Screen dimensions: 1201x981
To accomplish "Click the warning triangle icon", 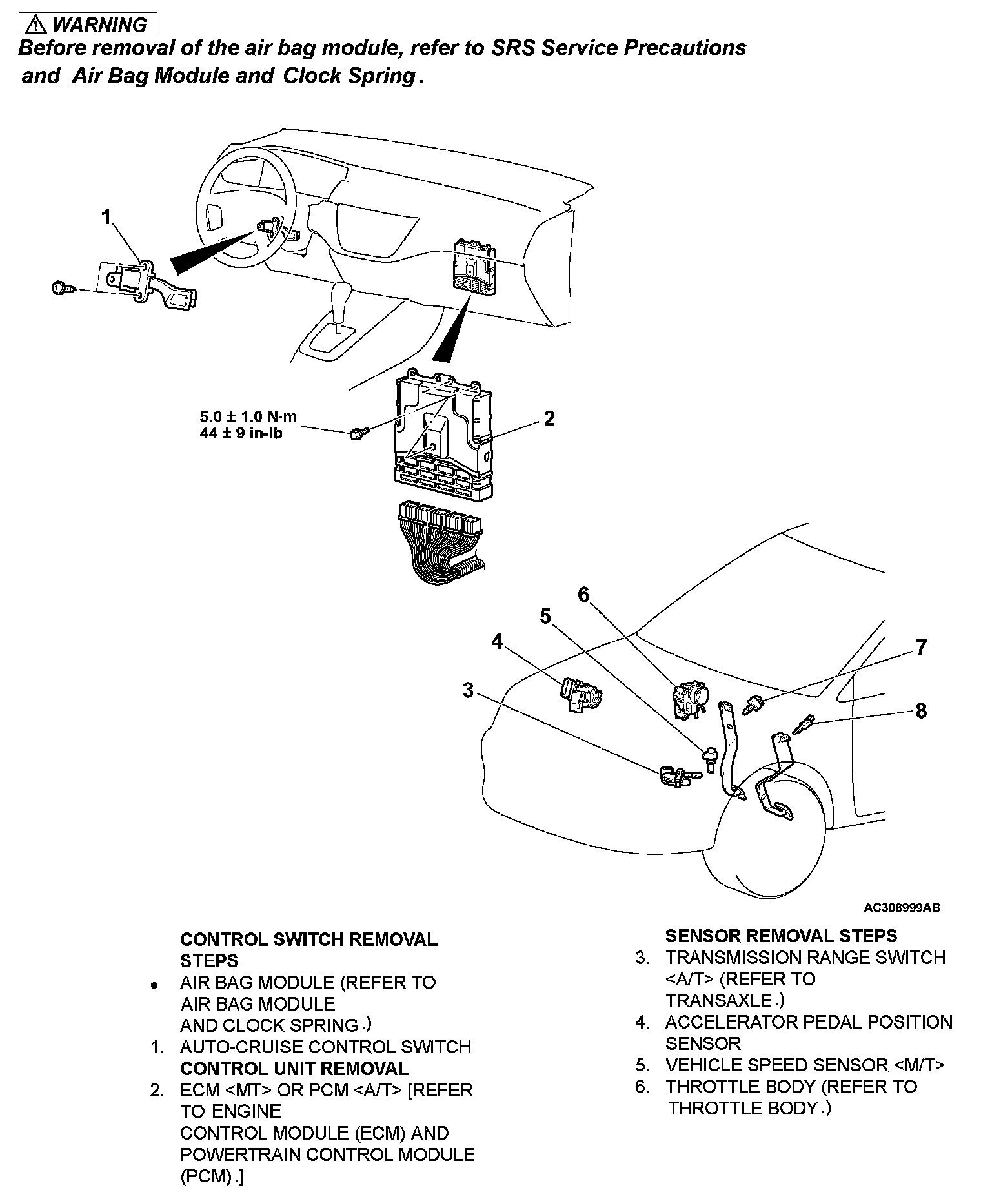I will pyautogui.click(x=37, y=25).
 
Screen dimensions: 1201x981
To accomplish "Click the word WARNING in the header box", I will pyautogui.click(x=99, y=25).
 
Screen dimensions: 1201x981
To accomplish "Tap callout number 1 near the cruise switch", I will pyautogui.click(x=106, y=217).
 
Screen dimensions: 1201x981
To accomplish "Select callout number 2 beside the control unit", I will pyautogui.click(x=549, y=418).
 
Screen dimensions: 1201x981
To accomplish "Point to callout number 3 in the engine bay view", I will pyautogui.click(x=468, y=690).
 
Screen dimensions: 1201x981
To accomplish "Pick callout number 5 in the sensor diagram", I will pyautogui.click(x=545, y=617).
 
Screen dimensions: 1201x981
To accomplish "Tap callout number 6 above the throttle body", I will pyautogui.click(x=583, y=594).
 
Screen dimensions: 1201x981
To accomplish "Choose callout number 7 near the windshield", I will pyautogui.click(x=921, y=647).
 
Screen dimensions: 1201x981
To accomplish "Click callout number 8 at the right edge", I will pyautogui.click(x=921, y=711).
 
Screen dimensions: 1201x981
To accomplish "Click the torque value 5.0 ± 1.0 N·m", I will pyautogui.click(x=248, y=417).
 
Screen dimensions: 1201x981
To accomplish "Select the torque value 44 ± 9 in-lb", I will pyautogui.click(x=241, y=433).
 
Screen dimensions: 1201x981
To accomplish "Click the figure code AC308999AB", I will pyautogui.click(x=902, y=908).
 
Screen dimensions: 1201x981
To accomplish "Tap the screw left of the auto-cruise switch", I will pyautogui.click(x=61, y=288).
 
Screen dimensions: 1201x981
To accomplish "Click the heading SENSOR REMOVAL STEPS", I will pyautogui.click(x=781, y=936).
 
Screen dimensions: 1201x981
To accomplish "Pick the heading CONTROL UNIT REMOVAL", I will pyautogui.click(x=294, y=1068).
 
